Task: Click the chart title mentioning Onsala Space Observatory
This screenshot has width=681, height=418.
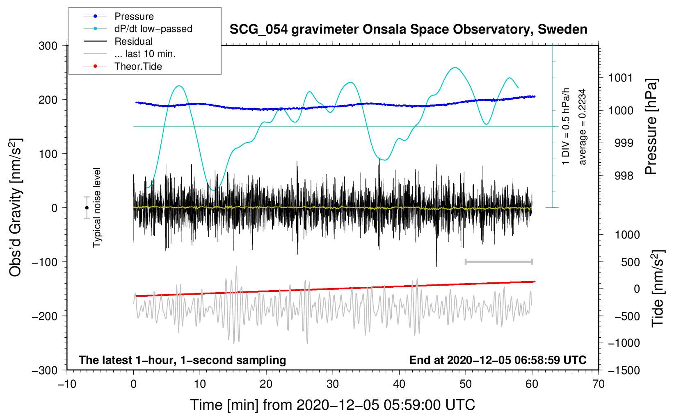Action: click(408, 30)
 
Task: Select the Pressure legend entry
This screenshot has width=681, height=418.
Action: click(119, 16)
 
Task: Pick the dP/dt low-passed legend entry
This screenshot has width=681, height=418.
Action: click(138, 29)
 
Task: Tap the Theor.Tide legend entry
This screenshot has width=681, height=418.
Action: click(123, 66)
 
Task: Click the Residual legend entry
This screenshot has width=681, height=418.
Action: click(118, 41)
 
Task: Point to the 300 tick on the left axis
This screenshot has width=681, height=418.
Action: click(48, 46)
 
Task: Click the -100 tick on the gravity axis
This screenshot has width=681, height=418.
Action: click(45, 262)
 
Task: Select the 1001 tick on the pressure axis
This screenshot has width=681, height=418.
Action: click(621, 78)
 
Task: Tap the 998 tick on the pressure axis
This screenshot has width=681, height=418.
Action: click(624, 175)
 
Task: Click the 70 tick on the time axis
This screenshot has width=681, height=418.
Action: click(598, 384)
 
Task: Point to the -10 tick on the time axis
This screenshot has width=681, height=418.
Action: click(67, 384)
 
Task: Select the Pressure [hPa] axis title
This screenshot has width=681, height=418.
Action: click(651, 127)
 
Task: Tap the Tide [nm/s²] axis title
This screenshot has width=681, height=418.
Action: click(657, 289)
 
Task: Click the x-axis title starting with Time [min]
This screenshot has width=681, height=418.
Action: click(333, 405)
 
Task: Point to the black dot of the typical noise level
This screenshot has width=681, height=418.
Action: click(87, 208)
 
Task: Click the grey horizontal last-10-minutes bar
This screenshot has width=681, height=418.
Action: click(498, 261)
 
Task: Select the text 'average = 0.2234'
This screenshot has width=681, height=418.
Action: click(582, 127)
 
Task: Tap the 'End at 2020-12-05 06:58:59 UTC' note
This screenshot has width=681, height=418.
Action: click(498, 360)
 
